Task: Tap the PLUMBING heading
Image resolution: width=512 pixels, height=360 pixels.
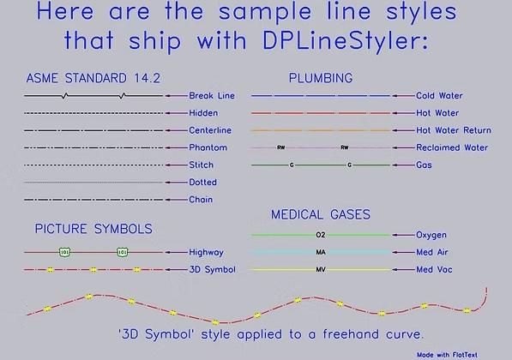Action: pyautogui.click(x=320, y=78)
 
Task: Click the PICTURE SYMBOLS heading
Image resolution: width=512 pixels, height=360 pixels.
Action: pyautogui.click(x=93, y=230)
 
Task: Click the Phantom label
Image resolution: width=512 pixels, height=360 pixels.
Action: pyautogui.click(x=208, y=147)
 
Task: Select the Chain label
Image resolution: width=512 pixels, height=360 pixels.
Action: pyautogui.click(x=202, y=200)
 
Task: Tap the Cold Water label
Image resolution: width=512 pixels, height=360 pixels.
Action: pyautogui.click(x=439, y=96)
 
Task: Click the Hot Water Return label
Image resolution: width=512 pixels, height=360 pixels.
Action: pyautogui.click(x=453, y=130)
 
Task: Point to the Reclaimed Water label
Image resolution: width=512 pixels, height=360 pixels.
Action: pyautogui.click(x=452, y=147)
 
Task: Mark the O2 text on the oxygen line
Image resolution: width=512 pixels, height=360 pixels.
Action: pyautogui.click(x=321, y=235)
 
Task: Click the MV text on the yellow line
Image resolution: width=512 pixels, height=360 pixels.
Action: pyautogui.click(x=321, y=270)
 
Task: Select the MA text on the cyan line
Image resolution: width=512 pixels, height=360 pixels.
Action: pyautogui.click(x=321, y=253)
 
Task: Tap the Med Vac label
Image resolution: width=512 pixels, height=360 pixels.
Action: pyautogui.click(x=435, y=270)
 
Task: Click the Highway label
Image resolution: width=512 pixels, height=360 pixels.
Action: pyautogui.click(x=206, y=253)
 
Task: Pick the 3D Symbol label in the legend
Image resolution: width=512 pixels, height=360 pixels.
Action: pyautogui.click(x=212, y=270)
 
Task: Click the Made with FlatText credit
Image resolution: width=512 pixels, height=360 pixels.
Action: pyautogui.click(x=460, y=353)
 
